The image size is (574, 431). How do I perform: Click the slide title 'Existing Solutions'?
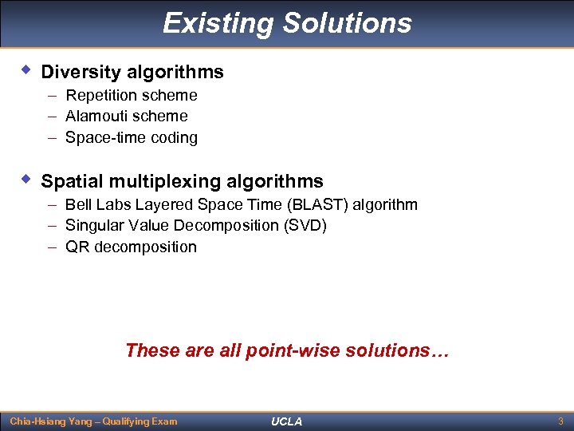287,23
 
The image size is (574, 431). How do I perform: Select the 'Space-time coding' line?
131,138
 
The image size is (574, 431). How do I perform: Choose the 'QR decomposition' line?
131,247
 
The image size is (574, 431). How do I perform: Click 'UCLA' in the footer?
287,421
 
